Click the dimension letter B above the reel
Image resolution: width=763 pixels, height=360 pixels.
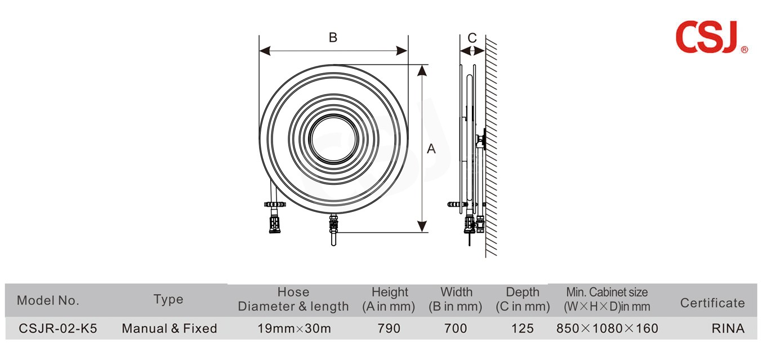click(333, 38)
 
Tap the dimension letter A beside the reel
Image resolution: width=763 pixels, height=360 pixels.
click(431, 149)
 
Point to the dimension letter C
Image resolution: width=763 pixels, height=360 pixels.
click(472, 38)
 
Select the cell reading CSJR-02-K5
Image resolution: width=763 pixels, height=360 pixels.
click(58, 328)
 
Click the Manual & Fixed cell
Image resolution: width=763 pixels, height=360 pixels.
click(169, 328)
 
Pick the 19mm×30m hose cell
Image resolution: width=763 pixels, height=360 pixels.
click(294, 328)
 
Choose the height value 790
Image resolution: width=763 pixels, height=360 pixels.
click(389, 328)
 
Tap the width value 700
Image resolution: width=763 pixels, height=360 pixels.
click(456, 328)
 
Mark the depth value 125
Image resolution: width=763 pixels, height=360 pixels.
click(522, 328)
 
